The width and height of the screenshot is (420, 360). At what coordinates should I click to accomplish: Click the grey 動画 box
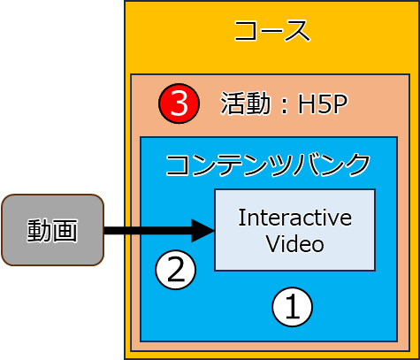[53, 230]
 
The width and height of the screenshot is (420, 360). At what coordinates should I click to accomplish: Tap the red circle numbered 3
[179, 103]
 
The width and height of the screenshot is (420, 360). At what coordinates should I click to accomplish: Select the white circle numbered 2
[176, 270]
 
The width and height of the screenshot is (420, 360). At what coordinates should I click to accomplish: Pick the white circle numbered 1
[292, 307]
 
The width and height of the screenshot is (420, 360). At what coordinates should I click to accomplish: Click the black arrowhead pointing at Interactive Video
[203, 231]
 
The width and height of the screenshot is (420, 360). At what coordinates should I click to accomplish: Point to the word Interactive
[295, 218]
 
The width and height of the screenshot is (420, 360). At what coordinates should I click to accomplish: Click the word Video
[295, 244]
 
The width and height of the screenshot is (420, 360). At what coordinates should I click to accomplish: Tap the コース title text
[272, 31]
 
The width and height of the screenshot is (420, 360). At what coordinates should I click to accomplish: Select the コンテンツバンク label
[268, 165]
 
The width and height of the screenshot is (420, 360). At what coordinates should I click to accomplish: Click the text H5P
[323, 103]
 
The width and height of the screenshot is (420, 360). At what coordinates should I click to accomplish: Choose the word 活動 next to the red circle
[245, 103]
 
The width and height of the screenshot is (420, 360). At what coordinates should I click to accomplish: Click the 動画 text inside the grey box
[52, 231]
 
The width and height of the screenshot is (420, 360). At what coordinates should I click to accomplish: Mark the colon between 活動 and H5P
[284, 105]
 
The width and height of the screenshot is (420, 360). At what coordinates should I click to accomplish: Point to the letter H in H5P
[306, 103]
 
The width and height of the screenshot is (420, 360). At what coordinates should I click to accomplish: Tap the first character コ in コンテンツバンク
[177, 165]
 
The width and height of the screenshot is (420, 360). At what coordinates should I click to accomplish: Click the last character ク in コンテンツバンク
[358, 165]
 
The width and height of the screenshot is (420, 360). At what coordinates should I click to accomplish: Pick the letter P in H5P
[340, 103]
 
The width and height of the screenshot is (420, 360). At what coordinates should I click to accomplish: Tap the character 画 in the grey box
[65, 231]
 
